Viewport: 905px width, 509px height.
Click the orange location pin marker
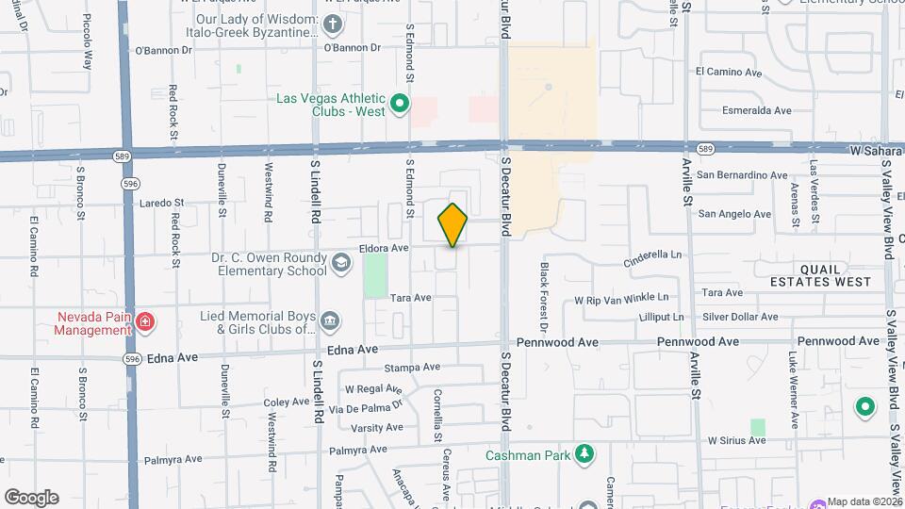click(x=452, y=224)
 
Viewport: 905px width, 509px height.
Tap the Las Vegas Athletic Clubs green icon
click(x=399, y=104)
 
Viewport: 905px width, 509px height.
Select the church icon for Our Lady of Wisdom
click(x=331, y=25)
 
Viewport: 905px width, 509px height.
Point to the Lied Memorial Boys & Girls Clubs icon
click(x=330, y=322)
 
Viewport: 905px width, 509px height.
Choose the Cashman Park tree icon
click(x=585, y=455)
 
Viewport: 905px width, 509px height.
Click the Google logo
click(x=31, y=497)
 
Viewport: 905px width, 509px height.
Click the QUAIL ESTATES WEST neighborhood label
click(x=819, y=275)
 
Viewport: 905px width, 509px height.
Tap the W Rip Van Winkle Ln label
click(x=627, y=300)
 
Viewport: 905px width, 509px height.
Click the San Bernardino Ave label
click(x=742, y=175)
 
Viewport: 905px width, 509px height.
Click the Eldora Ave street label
click(x=384, y=249)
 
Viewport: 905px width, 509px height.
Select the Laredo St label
click(x=162, y=203)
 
